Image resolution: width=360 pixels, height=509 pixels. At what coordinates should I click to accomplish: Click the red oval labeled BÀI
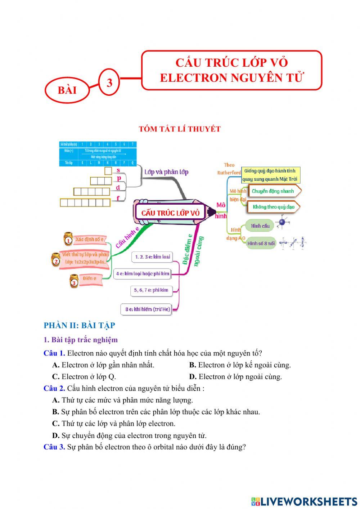click(x=67, y=90)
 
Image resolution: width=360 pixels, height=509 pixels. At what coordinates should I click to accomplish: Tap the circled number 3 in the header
click(x=109, y=82)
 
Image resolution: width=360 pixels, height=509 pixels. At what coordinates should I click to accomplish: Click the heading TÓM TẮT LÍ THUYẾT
click(x=180, y=129)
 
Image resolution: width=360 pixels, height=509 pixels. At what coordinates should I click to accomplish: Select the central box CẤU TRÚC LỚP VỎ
click(x=170, y=213)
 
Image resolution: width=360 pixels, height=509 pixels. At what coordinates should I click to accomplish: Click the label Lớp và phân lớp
click(x=166, y=172)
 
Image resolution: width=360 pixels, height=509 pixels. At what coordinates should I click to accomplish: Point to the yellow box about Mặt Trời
click(x=270, y=175)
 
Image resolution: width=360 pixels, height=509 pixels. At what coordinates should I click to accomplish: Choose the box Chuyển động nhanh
click(x=273, y=191)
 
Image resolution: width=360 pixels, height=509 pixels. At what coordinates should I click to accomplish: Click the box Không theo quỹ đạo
click(x=274, y=207)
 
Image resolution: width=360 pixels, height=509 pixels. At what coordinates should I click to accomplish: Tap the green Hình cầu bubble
click(x=260, y=226)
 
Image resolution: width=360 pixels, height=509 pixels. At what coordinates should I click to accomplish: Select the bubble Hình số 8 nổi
click(x=261, y=243)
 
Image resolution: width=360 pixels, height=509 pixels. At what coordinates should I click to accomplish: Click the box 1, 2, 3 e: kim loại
click(x=153, y=257)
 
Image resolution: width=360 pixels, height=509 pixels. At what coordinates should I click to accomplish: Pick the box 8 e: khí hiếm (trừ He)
click(x=148, y=309)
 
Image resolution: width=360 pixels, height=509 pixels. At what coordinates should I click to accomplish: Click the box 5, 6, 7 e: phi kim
click(x=151, y=290)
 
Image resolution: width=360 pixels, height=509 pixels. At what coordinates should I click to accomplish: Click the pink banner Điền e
click(x=90, y=278)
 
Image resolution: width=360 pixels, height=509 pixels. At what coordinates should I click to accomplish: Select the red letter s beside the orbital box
click(x=118, y=170)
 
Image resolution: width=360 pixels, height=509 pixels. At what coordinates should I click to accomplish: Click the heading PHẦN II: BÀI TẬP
click(x=79, y=325)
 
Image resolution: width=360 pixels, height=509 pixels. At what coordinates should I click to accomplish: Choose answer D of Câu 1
click(x=235, y=377)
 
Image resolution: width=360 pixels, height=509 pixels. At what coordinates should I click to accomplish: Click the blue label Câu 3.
click(x=54, y=447)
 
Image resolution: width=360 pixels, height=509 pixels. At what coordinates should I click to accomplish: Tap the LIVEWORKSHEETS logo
click(x=304, y=501)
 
